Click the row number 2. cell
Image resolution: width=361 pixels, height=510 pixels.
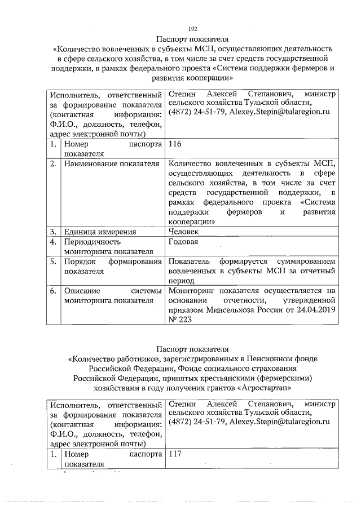52,164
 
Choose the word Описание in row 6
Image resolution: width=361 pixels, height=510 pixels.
82,291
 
